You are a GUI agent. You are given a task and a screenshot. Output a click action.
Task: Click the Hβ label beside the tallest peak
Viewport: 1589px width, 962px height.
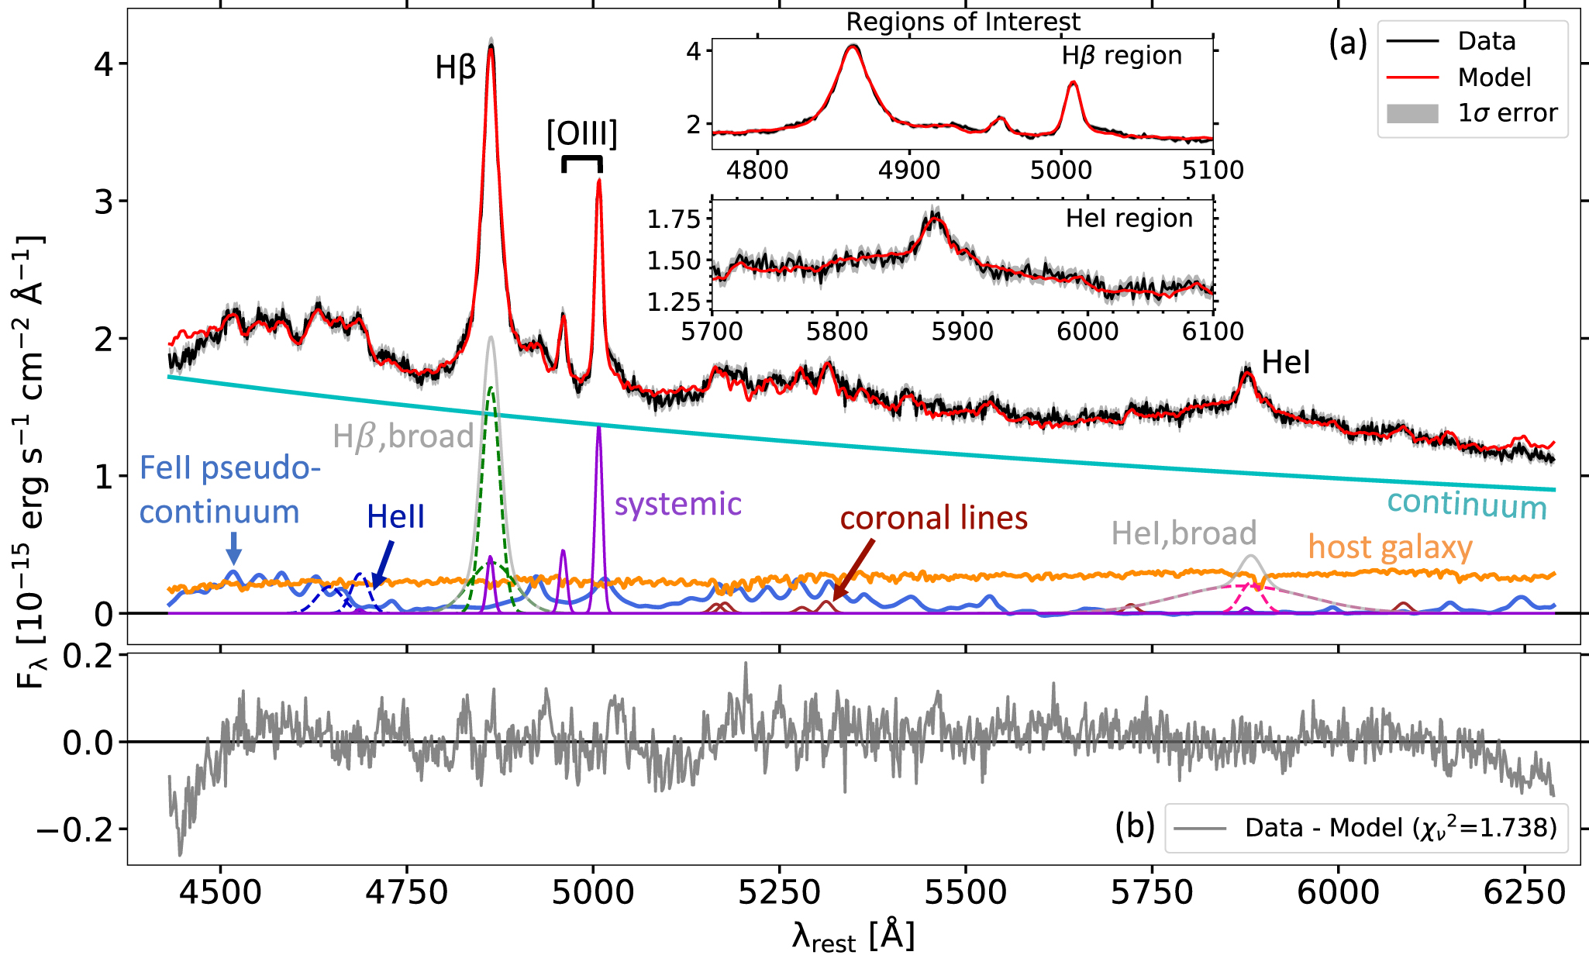[455, 69]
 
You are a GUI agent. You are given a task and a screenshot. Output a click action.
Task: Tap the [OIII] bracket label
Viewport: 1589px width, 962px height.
[582, 134]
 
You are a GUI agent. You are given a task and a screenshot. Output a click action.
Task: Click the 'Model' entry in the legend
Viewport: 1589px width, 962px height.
[1494, 78]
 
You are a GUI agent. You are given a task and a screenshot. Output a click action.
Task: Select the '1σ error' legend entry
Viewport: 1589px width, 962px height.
[1507, 113]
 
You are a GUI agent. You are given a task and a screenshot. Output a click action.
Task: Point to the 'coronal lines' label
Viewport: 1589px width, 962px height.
[934, 518]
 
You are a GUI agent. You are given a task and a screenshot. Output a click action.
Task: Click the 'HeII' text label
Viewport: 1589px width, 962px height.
[395, 517]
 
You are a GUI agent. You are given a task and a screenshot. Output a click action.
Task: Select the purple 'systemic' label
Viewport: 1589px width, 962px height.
[678, 504]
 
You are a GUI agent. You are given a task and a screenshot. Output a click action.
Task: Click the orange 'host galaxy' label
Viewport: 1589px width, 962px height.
[1390, 547]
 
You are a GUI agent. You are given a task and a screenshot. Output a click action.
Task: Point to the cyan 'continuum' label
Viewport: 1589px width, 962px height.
[1467, 505]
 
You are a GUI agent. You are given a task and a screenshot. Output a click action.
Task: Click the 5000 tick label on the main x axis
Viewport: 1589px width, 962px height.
[593, 892]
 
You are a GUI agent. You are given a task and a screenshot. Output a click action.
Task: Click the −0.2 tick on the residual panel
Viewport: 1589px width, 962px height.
[74, 830]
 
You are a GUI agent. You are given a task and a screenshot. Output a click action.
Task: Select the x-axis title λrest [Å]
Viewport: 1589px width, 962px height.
[853, 936]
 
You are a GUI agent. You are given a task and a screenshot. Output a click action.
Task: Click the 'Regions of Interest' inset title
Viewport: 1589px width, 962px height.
[963, 22]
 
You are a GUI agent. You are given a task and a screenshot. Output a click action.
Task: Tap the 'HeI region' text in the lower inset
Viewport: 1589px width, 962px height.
[1129, 219]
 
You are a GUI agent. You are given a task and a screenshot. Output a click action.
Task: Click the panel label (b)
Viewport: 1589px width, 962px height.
[1135, 826]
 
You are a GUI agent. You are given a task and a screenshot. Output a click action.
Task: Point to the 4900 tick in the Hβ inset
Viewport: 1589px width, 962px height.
[909, 169]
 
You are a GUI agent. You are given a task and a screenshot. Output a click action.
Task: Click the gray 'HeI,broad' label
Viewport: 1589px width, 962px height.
[1184, 533]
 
